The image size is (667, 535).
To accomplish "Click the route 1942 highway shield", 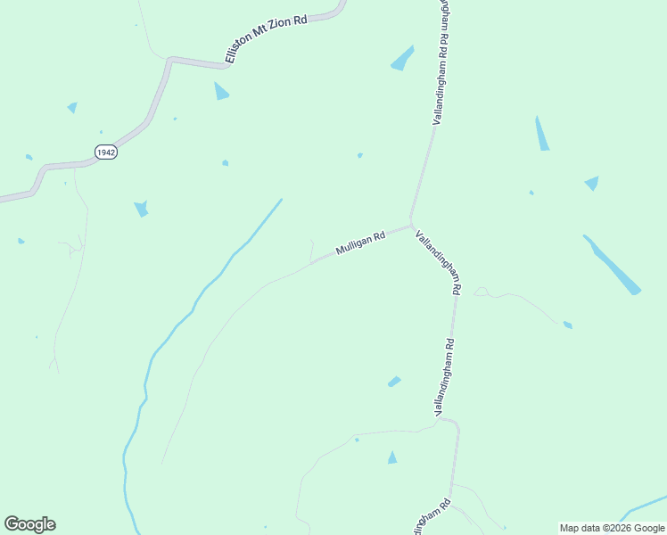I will pyautogui.click(x=106, y=152).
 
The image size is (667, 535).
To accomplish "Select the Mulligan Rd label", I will pyautogui.click(x=360, y=243).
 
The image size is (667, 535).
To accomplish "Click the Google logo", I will pyautogui.click(x=29, y=524).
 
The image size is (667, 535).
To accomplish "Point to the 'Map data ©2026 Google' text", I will pyautogui.click(x=613, y=528).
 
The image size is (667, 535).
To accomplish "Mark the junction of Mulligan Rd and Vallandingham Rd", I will pyautogui.click(x=410, y=223).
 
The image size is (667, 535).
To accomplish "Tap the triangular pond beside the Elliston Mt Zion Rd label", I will pyautogui.click(x=220, y=91).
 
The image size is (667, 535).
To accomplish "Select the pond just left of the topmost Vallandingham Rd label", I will pyautogui.click(x=402, y=58).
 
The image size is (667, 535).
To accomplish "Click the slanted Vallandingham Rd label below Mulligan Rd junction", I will pyautogui.click(x=438, y=262).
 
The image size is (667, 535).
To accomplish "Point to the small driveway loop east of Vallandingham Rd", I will pyautogui.click(x=482, y=292).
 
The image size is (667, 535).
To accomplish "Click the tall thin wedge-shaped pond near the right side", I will pyautogui.click(x=541, y=134).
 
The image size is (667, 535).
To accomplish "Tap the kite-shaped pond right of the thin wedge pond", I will pyautogui.click(x=591, y=183).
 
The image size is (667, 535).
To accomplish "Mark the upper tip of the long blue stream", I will pyautogui.click(x=281, y=200).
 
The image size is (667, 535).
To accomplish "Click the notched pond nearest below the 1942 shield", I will pyautogui.click(x=141, y=210).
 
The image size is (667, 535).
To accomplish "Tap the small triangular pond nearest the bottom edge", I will pyautogui.click(x=391, y=457).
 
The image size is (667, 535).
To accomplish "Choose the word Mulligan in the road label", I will pyautogui.click(x=353, y=245).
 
